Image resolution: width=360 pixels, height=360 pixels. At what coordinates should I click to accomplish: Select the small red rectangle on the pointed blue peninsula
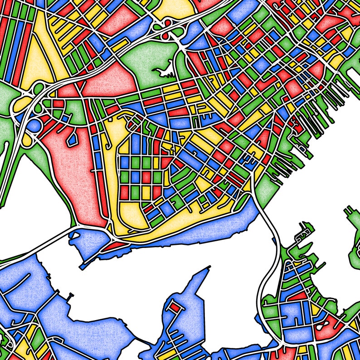pyautogui.click(x=175, y=308)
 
